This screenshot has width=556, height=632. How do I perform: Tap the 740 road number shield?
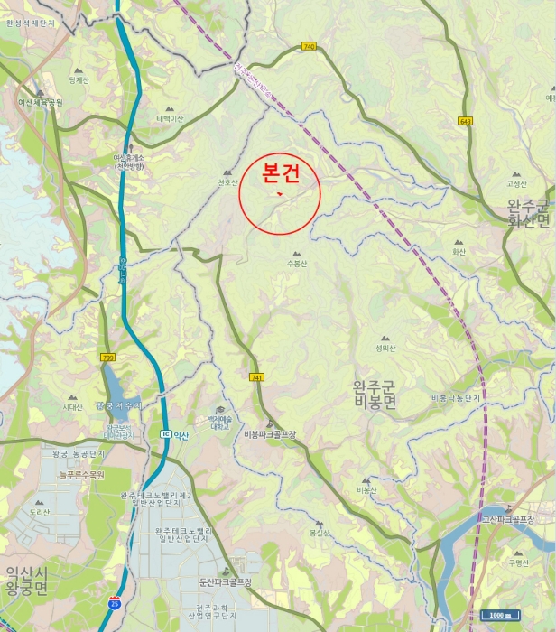coord(310,46)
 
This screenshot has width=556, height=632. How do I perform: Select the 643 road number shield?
coord(466,120)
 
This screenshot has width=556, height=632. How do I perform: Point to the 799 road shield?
coord(108,358)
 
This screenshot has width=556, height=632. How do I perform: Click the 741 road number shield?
coord(257,377)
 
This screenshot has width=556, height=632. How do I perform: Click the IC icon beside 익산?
coord(165,435)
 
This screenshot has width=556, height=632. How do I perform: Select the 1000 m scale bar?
coord(500,615)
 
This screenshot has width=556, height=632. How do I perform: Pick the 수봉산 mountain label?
coord(296,264)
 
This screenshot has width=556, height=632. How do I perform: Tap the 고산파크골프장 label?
coord(508,519)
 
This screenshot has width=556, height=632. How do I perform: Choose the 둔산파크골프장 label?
coord(225,582)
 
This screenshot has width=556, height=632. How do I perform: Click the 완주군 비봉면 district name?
coord(375,395)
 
